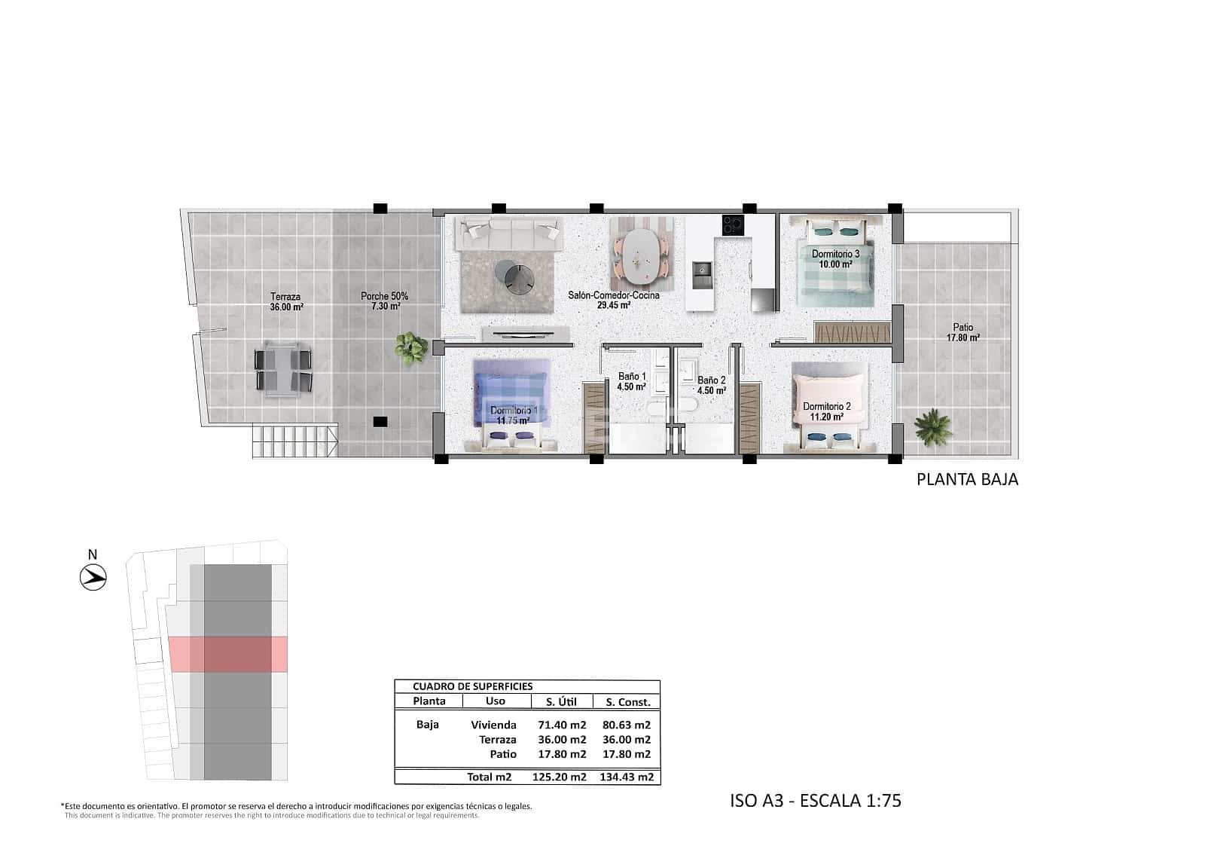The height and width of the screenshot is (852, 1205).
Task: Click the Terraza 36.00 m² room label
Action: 286,301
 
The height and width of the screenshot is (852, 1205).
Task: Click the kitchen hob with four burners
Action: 733,224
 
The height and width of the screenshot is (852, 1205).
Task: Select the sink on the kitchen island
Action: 702,269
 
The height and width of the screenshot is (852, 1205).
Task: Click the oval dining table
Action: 639,254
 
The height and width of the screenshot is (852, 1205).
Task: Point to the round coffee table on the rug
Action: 517,275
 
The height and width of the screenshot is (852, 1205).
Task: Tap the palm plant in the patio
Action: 932,426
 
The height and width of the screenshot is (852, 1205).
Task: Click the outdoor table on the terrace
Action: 283,369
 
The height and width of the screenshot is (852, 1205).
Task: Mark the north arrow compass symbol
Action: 93,578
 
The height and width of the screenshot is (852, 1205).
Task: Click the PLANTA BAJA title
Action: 967,479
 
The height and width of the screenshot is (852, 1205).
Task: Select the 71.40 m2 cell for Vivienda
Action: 562,725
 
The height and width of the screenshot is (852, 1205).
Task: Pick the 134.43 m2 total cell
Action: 627,777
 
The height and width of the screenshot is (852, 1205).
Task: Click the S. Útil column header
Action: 561,701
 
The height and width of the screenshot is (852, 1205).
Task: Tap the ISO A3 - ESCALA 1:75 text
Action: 815,800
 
